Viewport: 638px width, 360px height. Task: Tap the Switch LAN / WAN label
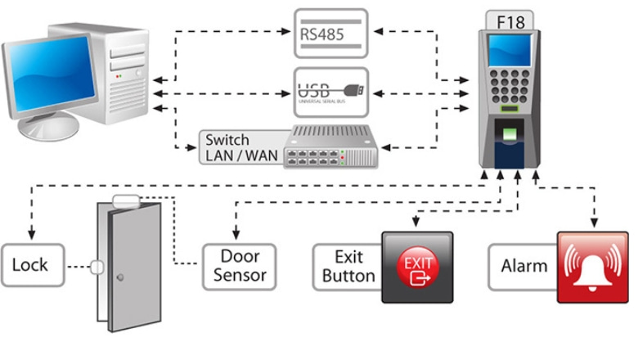[239, 147]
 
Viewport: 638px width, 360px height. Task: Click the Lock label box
[30, 265]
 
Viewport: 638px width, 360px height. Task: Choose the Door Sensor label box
[240, 265]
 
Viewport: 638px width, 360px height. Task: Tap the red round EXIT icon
[417, 267]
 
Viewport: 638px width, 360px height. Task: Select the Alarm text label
[523, 265]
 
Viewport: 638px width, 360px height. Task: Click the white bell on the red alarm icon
[593, 267]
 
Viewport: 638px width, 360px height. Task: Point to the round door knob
[120, 277]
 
